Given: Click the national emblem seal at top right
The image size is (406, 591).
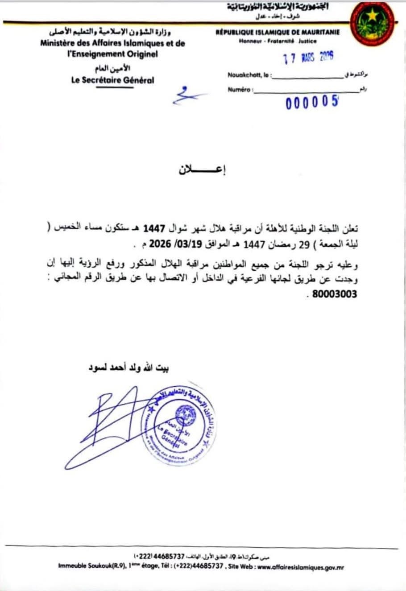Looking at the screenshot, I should click(372, 23).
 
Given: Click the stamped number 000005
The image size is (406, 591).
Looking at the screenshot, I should click(312, 103).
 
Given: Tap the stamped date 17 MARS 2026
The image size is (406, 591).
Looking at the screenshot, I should click(309, 58).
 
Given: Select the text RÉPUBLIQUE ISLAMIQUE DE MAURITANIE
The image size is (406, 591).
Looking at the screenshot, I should click(277, 33).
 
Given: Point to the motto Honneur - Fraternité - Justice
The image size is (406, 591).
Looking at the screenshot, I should click(278, 41).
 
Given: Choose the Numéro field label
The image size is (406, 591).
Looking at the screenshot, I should click(239, 90).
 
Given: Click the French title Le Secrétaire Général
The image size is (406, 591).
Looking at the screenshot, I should click(112, 80).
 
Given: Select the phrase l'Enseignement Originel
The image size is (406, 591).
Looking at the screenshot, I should click(112, 54).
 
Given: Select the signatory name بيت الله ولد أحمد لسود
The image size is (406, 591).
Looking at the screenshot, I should click(126, 368).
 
